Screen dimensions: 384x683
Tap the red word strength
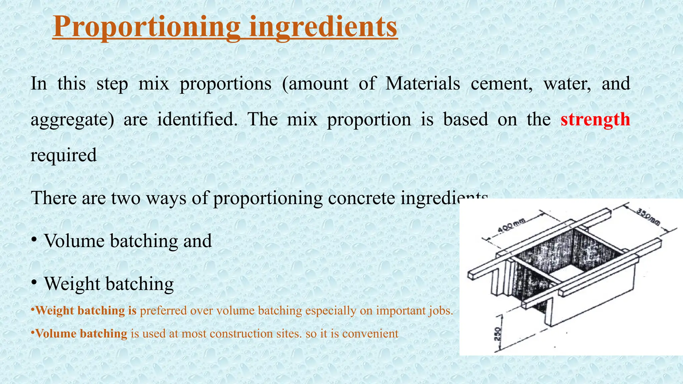click(595, 119)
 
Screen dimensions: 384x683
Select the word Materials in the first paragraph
click(423, 83)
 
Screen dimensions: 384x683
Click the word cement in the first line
click(501, 83)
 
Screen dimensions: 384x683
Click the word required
click(63, 155)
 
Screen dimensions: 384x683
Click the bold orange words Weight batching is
click(86, 311)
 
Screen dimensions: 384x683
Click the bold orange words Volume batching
click(81, 334)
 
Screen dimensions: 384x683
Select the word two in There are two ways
click(126, 198)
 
